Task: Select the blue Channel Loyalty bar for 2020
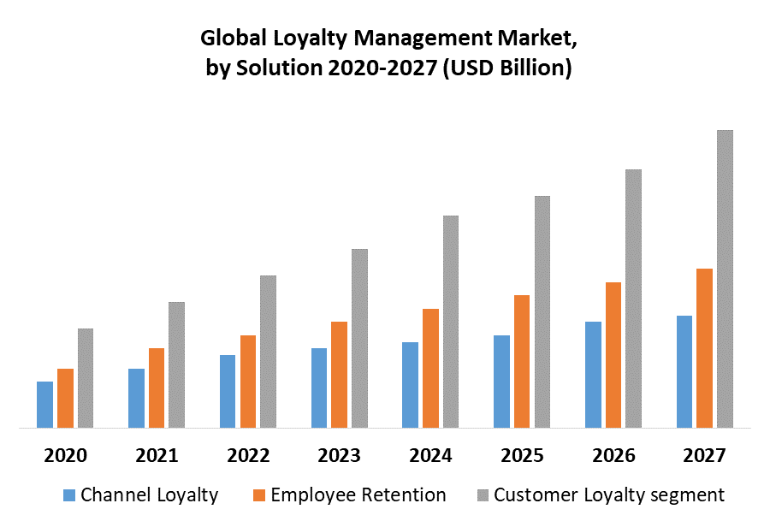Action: pyautogui.click(x=44, y=404)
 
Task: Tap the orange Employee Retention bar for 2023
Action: pyautogui.click(x=339, y=374)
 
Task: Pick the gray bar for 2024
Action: pyautogui.click(x=451, y=321)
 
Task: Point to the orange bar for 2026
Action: pyautogui.click(x=613, y=354)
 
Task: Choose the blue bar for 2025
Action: pyautogui.click(x=501, y=381)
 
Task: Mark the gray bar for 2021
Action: pyautogui.click(x=176, y=364)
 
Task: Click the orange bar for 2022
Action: pyautogui.click(x=248, y=381)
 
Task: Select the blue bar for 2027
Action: pyautogui.click(x=684, y=371)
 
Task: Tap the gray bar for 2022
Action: pyautogui.click(x=268, y=351)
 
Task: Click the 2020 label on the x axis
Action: pyautogui.click(x=65, y=455)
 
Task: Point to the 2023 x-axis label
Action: pyautogui.click(x=340, y=455)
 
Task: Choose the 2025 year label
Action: pyautogui.click(x=523, y=455)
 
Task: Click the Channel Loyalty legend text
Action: pyautogui.click(x=150, y=494)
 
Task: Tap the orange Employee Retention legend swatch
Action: pyautogui.click(x=258, y=495)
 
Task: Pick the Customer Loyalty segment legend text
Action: pyautogui.click(x=609, y=494)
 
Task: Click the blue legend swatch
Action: pyautogui.click(x=69, y=495)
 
